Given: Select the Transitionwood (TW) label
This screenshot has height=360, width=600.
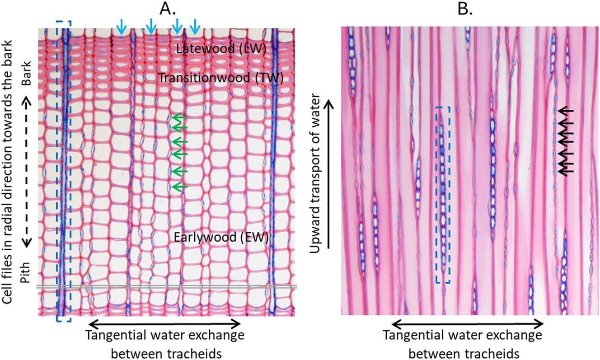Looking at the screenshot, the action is point(220,78).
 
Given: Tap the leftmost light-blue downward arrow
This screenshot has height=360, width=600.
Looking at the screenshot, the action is point(121,27).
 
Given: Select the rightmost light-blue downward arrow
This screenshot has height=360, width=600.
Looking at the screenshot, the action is point(195,27).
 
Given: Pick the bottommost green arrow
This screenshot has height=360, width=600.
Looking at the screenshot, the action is point(179,186).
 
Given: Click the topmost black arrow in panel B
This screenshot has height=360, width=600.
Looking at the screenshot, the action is point(567,110).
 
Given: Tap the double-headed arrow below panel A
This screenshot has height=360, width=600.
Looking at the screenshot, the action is point(164,323).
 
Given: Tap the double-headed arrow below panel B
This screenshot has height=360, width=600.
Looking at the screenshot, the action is point(468,323).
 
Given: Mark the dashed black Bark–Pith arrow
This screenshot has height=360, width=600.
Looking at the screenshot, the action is point(27,172).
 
